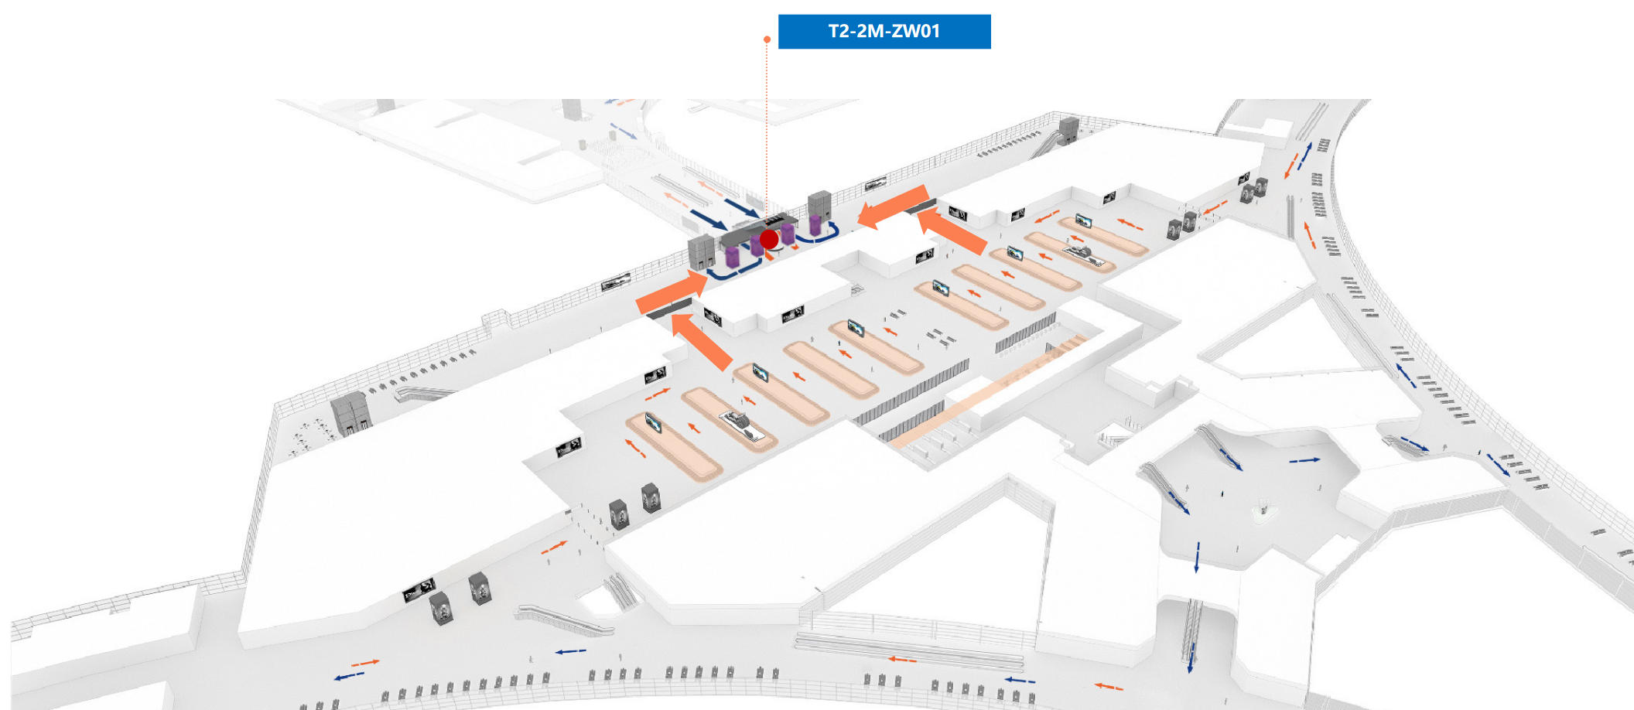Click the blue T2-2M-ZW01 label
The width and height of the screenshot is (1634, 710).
pos(884,32)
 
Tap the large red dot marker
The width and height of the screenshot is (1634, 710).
pos(769,240)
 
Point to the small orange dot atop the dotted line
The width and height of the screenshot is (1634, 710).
pos(767,39)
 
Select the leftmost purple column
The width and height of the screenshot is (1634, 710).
pos(732,257)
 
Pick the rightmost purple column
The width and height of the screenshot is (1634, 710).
pos(815,224)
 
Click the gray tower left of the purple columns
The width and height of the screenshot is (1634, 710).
pos(701,252)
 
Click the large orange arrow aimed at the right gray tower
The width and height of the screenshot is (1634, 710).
pos(893,207)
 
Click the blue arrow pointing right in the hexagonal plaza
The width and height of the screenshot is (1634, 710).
pos(1304,460)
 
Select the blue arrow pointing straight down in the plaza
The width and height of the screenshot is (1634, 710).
pos(1197,557)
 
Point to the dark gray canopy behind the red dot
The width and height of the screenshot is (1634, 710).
pos(758,229)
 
